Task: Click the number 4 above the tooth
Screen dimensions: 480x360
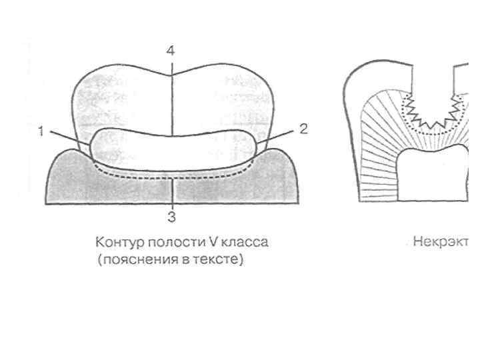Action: [x=171, y=51]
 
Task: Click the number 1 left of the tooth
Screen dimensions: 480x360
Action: [x=41, y=131]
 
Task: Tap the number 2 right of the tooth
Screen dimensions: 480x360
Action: [x=303, y=129]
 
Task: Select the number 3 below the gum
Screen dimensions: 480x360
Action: [x=171, y=217]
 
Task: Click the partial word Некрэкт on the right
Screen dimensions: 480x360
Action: [x=443, y=242]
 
